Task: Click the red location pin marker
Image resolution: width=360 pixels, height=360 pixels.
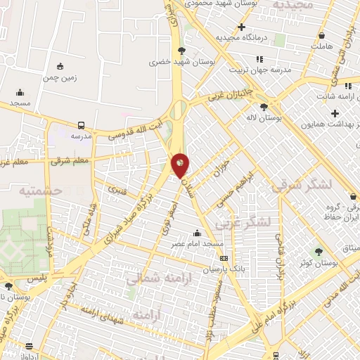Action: coord(180,165)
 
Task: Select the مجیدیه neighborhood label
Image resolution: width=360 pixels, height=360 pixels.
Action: coord(282,5)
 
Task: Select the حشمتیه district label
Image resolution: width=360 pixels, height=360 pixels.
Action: coord(40,191)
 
